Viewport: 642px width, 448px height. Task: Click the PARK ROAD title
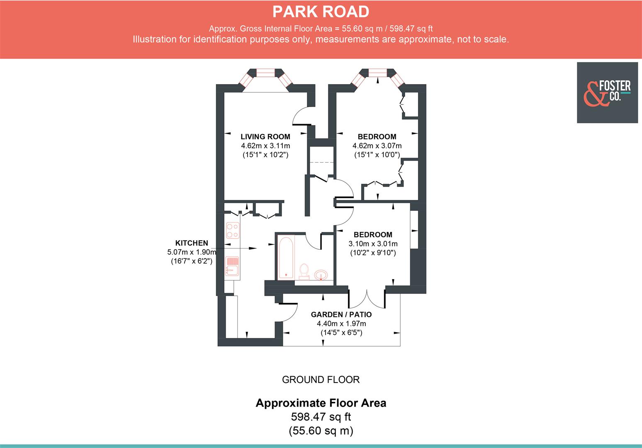tap(321, 12)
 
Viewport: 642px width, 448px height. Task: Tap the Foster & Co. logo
tap(607, 93)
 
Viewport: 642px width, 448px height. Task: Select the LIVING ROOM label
tap(265, 136)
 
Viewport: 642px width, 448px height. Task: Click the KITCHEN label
tap(192, 243)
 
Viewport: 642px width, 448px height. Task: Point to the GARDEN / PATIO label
tap(341, 314)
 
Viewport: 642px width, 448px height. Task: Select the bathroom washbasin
tap(321, 275)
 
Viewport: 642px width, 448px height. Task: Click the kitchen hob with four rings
tap(232, 231)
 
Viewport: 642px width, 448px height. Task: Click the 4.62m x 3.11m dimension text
tap(265, 146)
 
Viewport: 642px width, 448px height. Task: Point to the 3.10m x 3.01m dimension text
tap(373, 243)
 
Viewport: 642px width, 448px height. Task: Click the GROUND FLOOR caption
tap(321, 380)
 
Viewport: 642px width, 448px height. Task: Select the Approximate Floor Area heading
tap(321, 403)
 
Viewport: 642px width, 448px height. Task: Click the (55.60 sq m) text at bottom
tap(321, 431)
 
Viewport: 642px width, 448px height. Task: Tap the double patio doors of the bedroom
tap(367, 298)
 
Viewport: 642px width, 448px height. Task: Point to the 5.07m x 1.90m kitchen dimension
tap(192, 252)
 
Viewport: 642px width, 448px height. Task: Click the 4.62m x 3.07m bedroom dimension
tap(377, 146)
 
